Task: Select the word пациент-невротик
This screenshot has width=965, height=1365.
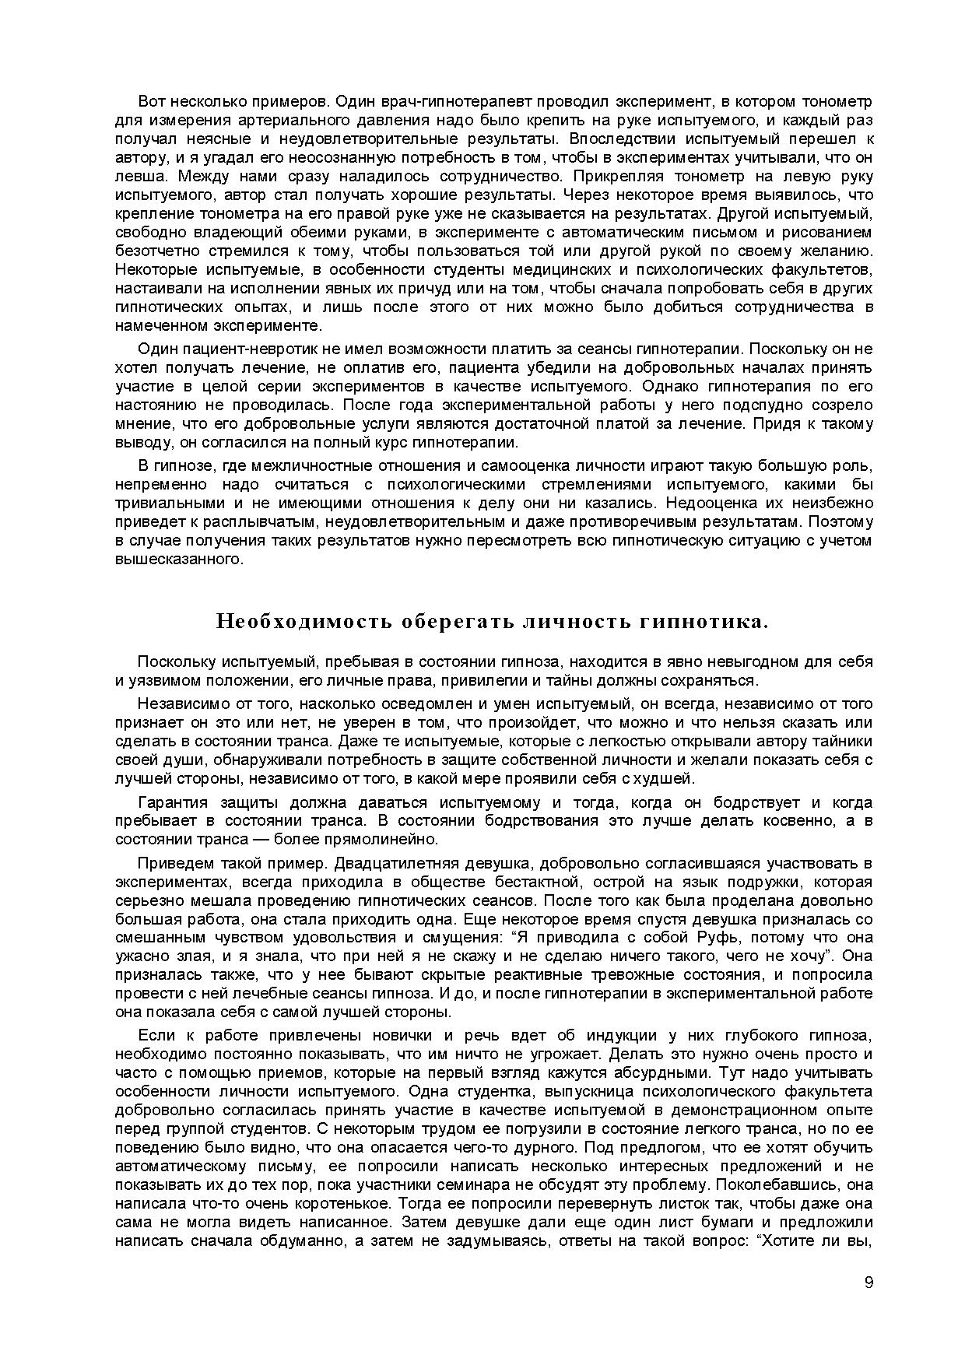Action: tap(242, 349)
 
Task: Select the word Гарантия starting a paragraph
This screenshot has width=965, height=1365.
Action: tap(172, 802)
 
